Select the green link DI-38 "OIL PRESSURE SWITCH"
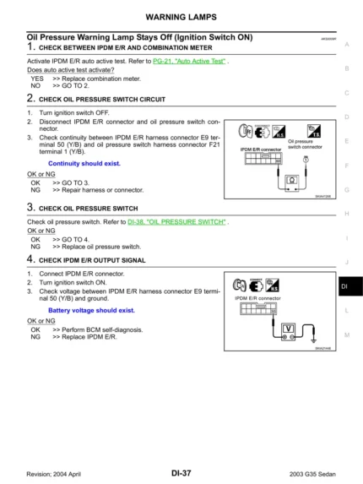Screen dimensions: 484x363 pos(176,221)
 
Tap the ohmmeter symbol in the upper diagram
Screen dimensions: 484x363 pos(290,179)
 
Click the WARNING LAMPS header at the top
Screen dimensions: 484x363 pos(181,17)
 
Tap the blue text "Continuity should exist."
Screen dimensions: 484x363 pos(84,163)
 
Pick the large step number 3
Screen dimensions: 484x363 pos(30,206)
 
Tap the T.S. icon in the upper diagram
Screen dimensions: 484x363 pos(315,131)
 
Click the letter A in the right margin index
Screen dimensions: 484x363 pos(346,44)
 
